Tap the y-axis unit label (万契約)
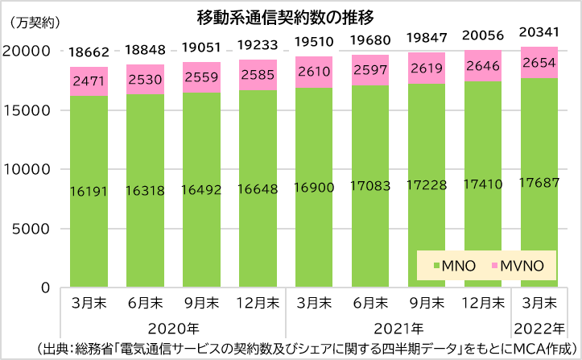[33, 23]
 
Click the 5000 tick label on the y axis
[34, 229]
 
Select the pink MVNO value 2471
[90, 81]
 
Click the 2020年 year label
[174, 329]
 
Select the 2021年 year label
[401, 329]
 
